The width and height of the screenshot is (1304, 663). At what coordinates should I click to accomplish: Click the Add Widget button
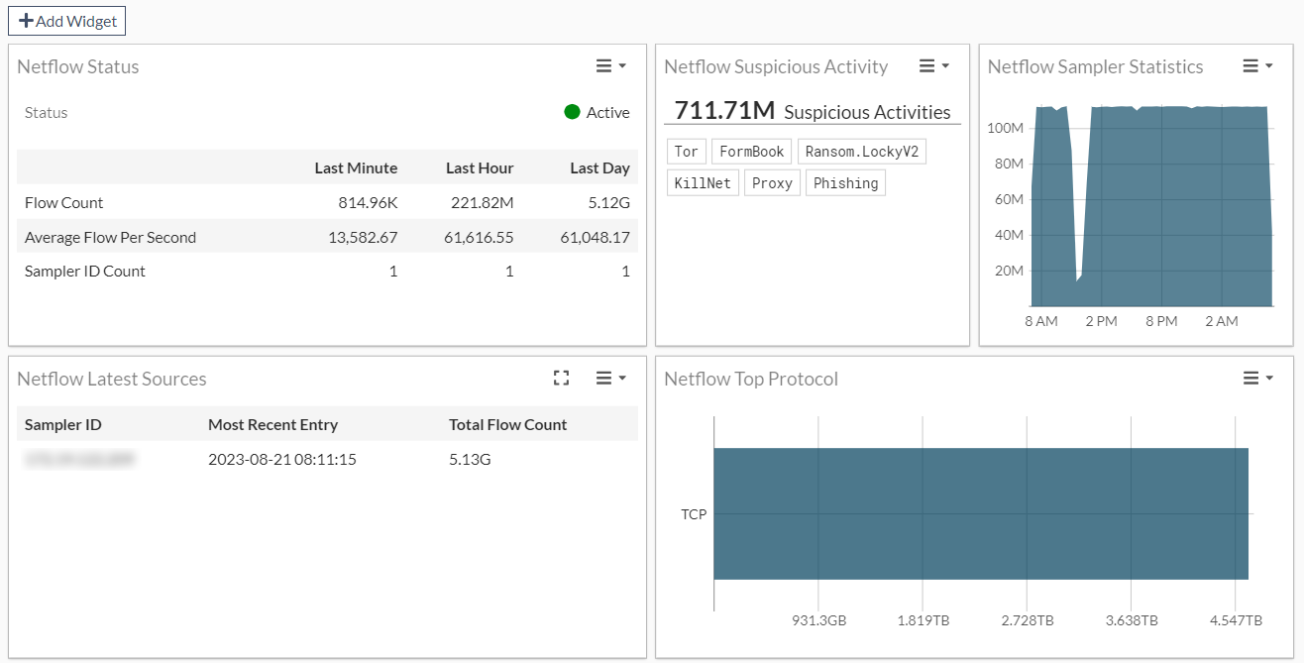66,21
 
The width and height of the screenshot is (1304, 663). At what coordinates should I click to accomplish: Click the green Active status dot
572,112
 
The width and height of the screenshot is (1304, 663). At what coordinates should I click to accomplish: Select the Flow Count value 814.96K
368,203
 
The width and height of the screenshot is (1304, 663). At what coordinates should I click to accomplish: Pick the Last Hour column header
480,167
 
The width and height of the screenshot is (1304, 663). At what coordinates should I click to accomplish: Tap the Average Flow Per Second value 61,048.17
595,238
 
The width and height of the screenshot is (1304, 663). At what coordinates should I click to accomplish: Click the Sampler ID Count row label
85,272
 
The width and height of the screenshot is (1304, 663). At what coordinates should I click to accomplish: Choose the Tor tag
686,152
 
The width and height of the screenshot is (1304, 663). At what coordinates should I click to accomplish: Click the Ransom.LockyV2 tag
861,152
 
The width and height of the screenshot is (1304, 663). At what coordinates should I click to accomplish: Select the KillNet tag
703,183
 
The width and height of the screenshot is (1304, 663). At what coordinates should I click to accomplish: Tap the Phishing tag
845,183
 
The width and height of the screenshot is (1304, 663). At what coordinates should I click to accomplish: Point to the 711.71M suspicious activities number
724,110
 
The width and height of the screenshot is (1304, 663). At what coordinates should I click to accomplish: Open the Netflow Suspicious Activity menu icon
933,66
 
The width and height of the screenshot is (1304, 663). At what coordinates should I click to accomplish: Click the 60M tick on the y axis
1008,199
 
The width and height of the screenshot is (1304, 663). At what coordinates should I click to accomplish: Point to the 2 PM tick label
1101,321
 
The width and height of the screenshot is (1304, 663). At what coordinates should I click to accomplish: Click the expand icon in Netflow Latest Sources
562,378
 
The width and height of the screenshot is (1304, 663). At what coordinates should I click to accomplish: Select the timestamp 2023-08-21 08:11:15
281,459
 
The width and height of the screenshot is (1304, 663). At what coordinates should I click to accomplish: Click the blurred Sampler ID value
80,459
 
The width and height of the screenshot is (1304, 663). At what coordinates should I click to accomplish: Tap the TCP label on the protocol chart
694,514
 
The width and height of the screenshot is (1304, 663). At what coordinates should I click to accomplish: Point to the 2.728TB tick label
1027,620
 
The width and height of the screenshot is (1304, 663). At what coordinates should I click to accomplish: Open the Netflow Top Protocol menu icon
1257,378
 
